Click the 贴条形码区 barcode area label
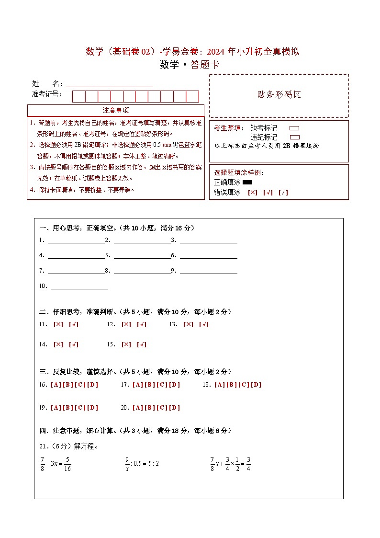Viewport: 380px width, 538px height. pos(279,95)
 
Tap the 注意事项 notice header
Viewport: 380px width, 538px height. pos(115,110)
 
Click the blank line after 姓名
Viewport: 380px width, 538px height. pos(110,84)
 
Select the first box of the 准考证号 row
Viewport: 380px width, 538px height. pos(78,96)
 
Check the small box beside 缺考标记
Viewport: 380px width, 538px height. pos(294,128)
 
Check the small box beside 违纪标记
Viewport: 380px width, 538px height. pos(294,137)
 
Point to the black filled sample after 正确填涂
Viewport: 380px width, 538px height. pos(247,182)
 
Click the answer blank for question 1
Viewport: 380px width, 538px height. pos(76,240)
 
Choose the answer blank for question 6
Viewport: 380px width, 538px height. pos(209,256)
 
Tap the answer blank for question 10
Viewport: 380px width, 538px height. pos(79,286)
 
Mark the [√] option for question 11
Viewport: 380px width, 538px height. pos(74,324)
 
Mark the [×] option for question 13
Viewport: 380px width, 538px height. pos(189,324)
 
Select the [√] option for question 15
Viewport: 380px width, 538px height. pos(142,344)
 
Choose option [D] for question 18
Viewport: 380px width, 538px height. pos(257,385)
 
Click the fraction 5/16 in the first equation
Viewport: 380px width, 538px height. pos(67,464)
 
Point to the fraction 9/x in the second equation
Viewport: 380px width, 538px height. pos(127,464)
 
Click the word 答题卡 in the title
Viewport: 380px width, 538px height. pos(205,65)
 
